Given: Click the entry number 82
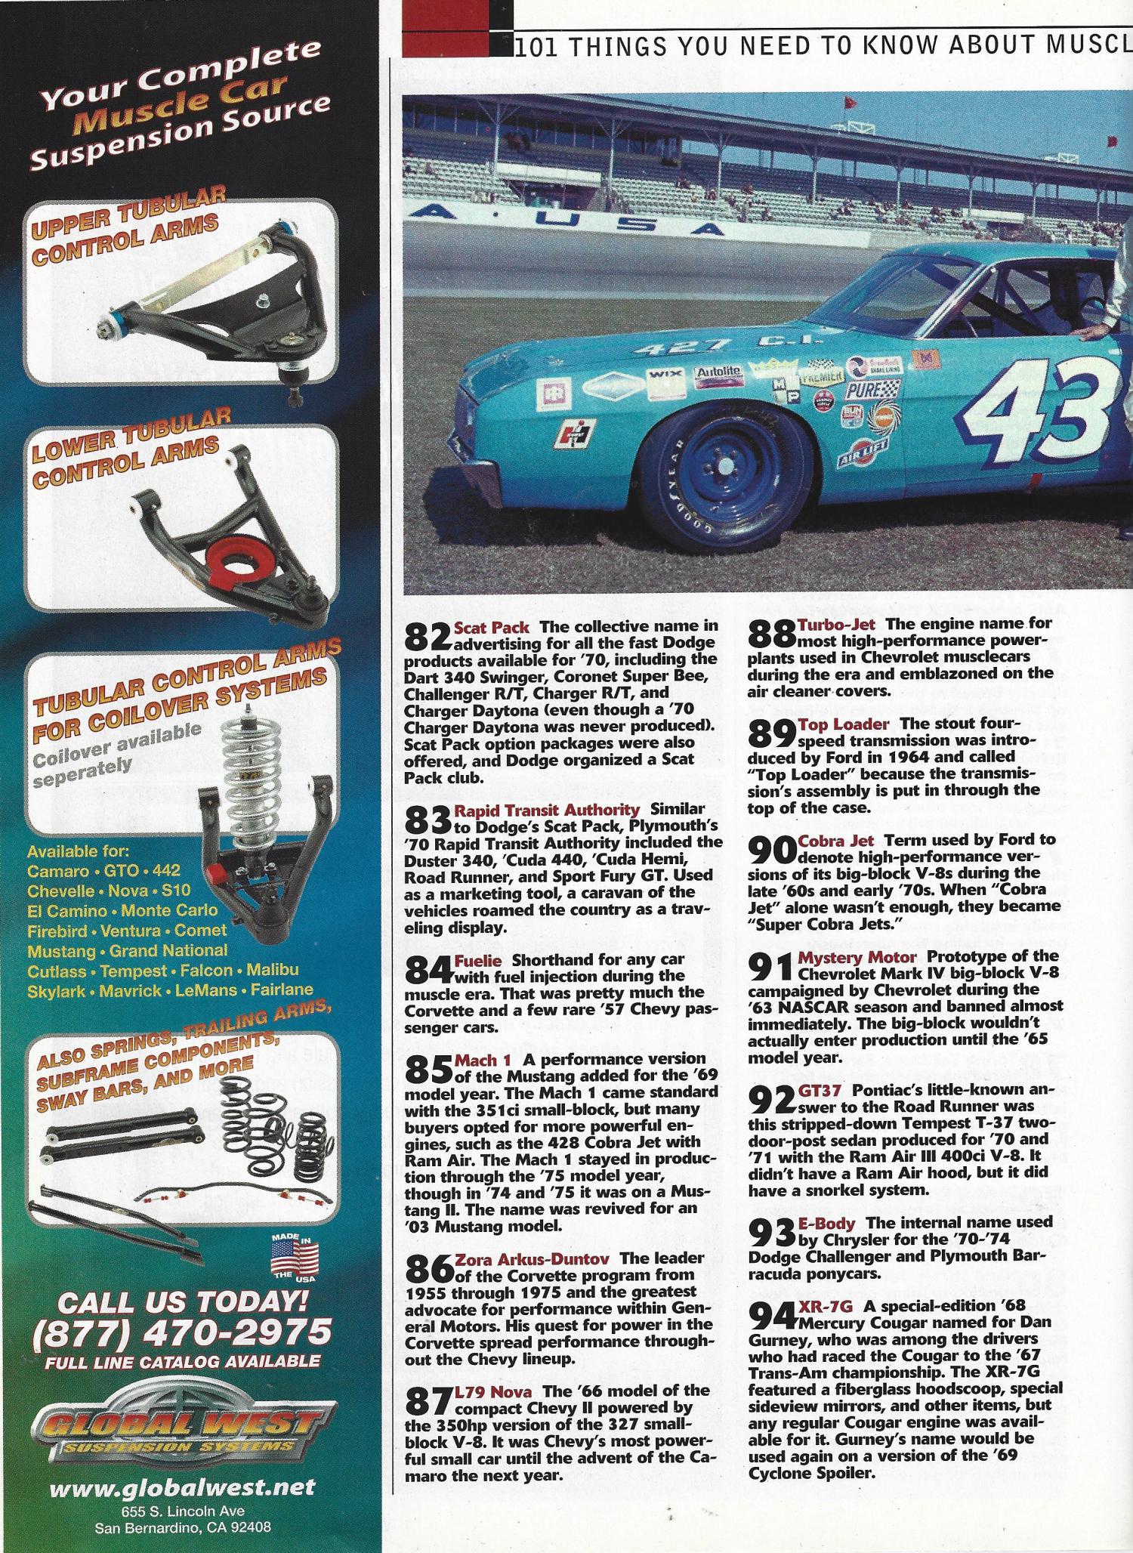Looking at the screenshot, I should (428, 637).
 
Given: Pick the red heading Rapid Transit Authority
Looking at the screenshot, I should (546, 810).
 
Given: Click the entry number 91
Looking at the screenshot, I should (770, 967).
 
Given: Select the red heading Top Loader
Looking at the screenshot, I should (843, 725).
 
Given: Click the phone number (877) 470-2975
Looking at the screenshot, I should (181, 1332).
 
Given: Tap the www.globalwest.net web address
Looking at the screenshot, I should (181, 1488).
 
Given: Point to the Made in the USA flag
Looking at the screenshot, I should (295, 1258).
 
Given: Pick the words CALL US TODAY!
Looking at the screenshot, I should (181, 1301).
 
